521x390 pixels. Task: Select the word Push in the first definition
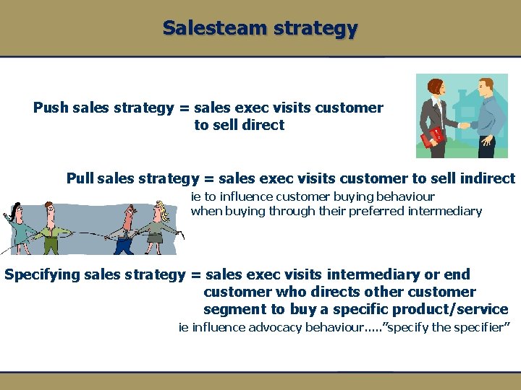pos(51,108)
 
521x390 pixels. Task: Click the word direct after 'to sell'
pos(263,125)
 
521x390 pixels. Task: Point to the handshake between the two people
pos(463,124)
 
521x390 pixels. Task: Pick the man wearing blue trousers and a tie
pos(125,230)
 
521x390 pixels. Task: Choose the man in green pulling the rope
pos(49,227)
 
